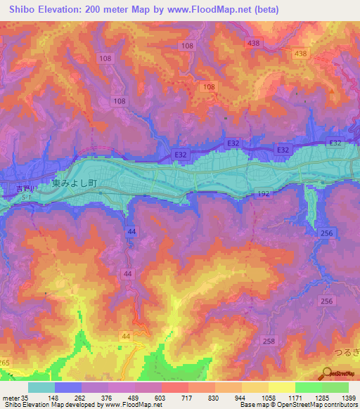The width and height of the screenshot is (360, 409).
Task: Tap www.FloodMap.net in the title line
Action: coord(214,10)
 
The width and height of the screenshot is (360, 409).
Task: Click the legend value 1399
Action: coord(349,397)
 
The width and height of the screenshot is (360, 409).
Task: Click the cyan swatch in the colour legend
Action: coord(41,387)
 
